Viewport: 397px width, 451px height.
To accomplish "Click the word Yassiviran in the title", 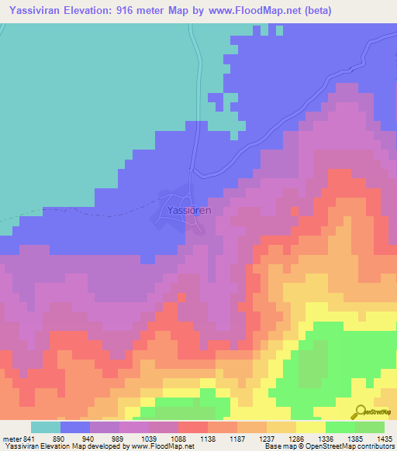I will point(35,9).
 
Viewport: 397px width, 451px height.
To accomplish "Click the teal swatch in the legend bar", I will point(45,427).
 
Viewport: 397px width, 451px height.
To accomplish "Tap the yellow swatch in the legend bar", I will point(311,427).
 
